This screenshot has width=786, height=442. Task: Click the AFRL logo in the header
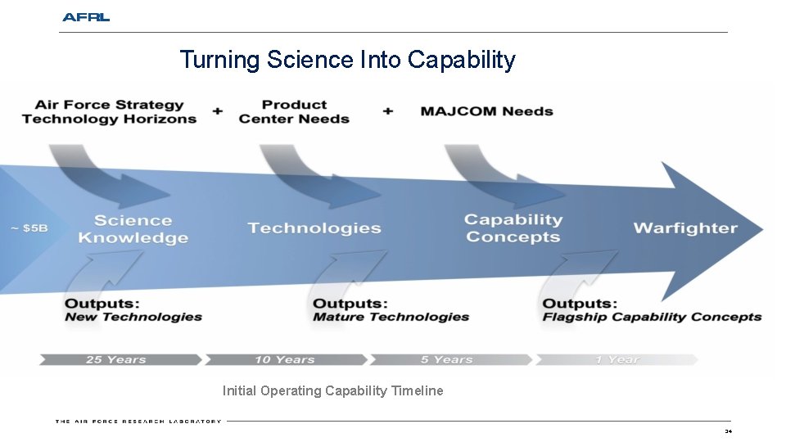click(x=85, y=17)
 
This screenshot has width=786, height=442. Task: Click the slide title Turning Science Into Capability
click(x=347, y=60)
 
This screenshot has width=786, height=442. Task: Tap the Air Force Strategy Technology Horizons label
click(x=109, y=111)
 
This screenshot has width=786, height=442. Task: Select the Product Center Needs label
click(x=294, y=111)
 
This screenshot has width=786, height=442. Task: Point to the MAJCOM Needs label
click(x=486, y=111)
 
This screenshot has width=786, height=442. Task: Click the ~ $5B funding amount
click(x=29, y=228)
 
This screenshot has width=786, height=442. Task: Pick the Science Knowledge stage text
click(x=133, y=229)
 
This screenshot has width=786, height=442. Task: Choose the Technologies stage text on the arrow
click(x=314, y=228)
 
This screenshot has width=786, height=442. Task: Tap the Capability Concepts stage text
click(x=513, y=228)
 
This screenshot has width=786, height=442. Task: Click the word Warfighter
click(x=685, y=228)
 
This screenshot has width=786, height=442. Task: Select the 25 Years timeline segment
click(x=116, y=359)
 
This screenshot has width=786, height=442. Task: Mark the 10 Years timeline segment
click(x=284, y=359)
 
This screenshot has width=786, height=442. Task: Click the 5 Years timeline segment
click(x=447, y=359)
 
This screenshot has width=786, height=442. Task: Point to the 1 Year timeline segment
click(x=617, y=359)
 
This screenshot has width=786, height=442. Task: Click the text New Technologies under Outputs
click(x=133, y=318)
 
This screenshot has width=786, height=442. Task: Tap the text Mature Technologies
click(x=391, y=318)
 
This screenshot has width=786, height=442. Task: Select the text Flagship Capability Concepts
click(x=652, y=318)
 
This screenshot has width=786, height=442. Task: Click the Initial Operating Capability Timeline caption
click(x=332, y=391)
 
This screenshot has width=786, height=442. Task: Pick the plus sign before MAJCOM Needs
click(x=388, y=110)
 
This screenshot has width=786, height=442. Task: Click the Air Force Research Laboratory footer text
click(x=138, y=422)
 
